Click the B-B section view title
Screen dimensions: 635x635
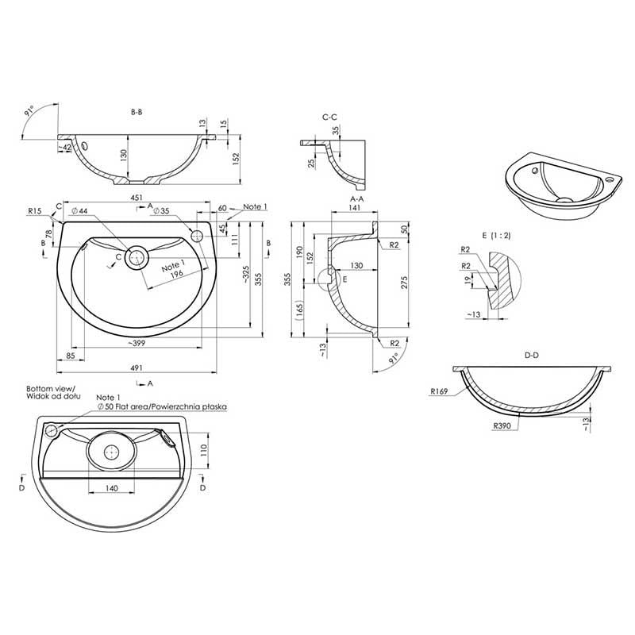[x=137, y=113]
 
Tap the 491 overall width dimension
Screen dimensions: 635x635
[x=137, y=368]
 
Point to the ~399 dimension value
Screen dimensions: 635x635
[x=135, y=342]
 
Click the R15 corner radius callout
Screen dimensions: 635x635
[x=34, y=212]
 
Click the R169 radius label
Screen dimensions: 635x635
[x=441, y=391]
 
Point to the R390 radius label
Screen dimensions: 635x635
[x=502, y=426]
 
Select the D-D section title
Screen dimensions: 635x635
[x=532, y=356]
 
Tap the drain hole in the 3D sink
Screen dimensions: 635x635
[x=564, y=199]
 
